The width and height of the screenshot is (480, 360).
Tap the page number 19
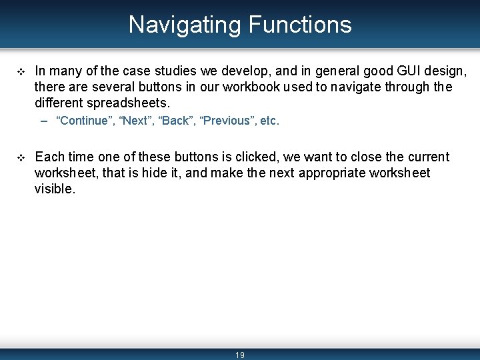(240, 355)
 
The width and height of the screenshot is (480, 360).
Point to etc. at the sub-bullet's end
(270, 121)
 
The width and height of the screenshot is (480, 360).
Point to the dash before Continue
(44, 121)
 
